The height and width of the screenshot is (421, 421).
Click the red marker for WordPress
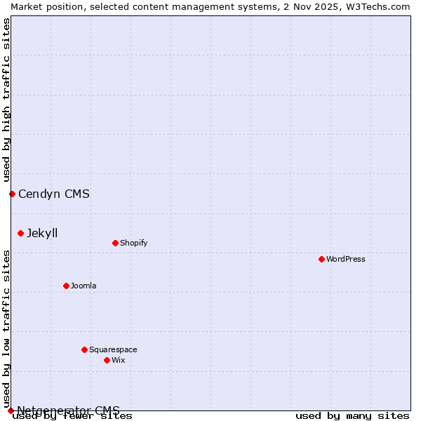click(x=321, y=259)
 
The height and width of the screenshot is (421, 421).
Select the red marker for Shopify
click(x=115, y=243)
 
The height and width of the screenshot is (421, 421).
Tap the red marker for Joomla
click(x=66, y=286)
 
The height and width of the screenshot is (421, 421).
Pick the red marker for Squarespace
click(x=84, y=349)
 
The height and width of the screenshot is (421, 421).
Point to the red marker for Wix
click(x=107, y=360)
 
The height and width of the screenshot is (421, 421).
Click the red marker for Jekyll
click(x=20, y=233)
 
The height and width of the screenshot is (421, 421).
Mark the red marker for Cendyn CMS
click(x=12, y=194)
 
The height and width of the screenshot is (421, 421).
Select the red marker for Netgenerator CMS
click(x=11, y=410)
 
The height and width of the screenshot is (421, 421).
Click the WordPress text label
click(x=346, y=259)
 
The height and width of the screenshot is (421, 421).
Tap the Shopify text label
click(x=133, y=243)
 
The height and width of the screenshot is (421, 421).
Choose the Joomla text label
click(x=83, y=286)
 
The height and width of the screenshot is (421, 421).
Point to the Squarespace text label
click(x=113, y=349)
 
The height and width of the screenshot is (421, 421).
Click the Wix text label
click(x=118, y=360)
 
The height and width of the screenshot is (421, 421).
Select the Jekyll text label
click(x=42, y=233)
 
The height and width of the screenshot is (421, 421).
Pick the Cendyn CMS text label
click(x=54, y=194)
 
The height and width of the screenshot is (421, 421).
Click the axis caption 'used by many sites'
click(x=352, y=415)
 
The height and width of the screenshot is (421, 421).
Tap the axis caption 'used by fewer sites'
click(x=73, y=416)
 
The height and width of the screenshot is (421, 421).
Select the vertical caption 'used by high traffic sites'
click(x=6, y=100)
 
